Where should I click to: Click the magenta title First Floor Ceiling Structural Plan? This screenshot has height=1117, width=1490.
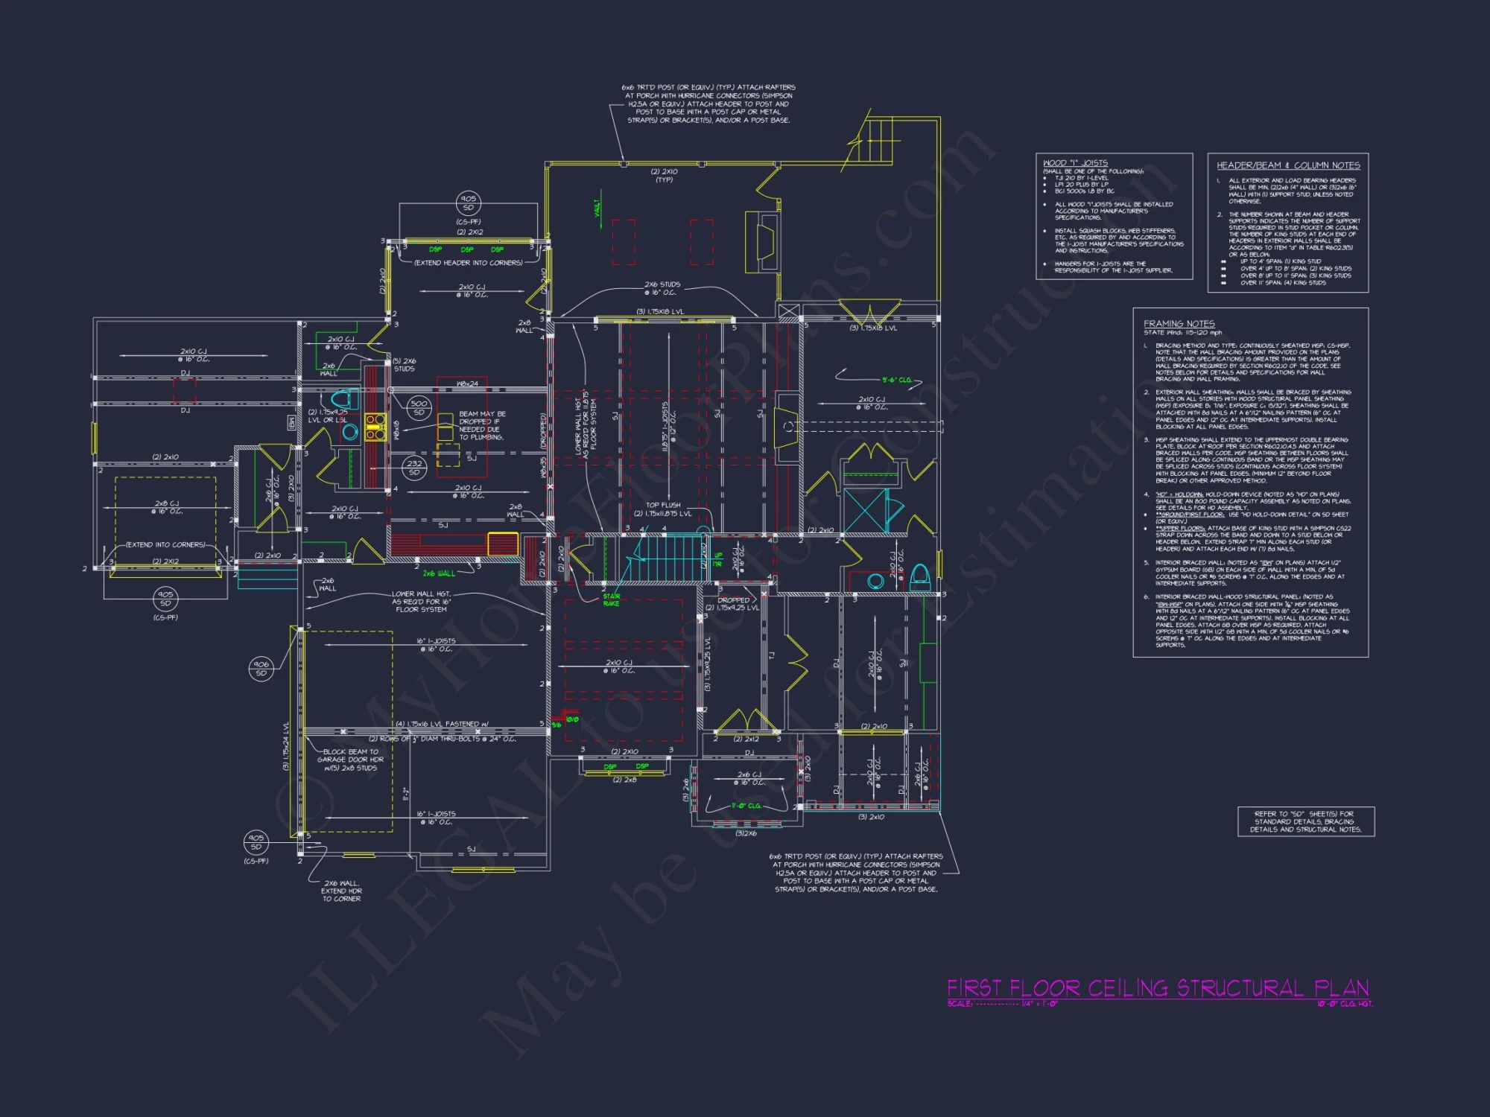[1158, 988]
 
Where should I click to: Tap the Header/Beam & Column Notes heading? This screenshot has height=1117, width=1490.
[1288, 165]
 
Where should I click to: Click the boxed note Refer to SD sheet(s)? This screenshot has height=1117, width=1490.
[1305, 821]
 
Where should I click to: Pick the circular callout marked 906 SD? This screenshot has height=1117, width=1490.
[261, 669]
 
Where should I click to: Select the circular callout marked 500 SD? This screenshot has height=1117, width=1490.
[419, 407]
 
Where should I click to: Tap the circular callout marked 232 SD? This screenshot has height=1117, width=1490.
[414, 468]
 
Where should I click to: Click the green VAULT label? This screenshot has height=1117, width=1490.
[597, 209]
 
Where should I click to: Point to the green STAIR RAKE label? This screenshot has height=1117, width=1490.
[611, 599]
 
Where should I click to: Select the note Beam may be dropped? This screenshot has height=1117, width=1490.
[481, 425]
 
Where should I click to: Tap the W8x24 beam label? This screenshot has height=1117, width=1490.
[467, 384]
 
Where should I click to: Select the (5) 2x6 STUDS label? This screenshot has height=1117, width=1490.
[404, 365]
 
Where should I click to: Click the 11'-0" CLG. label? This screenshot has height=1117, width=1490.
[746, 806]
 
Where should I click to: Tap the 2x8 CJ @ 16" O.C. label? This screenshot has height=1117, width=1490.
[166, 507]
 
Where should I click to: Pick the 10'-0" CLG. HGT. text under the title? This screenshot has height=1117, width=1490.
[1344, 1004]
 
